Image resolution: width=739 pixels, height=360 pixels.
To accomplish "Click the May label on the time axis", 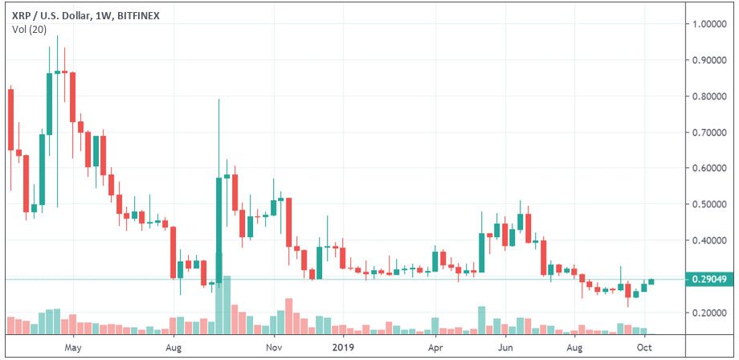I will [73, 349].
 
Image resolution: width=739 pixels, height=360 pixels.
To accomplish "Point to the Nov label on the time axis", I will [274, 349].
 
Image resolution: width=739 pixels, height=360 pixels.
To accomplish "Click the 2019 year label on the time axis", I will [343, 349].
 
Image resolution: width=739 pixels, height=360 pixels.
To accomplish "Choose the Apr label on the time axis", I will [436, 349].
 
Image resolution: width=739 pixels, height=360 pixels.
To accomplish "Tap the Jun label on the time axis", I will [506, 349].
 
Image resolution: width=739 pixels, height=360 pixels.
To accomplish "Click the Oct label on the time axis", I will [643, 349].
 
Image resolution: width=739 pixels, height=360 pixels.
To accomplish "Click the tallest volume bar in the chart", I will [227, 305].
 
